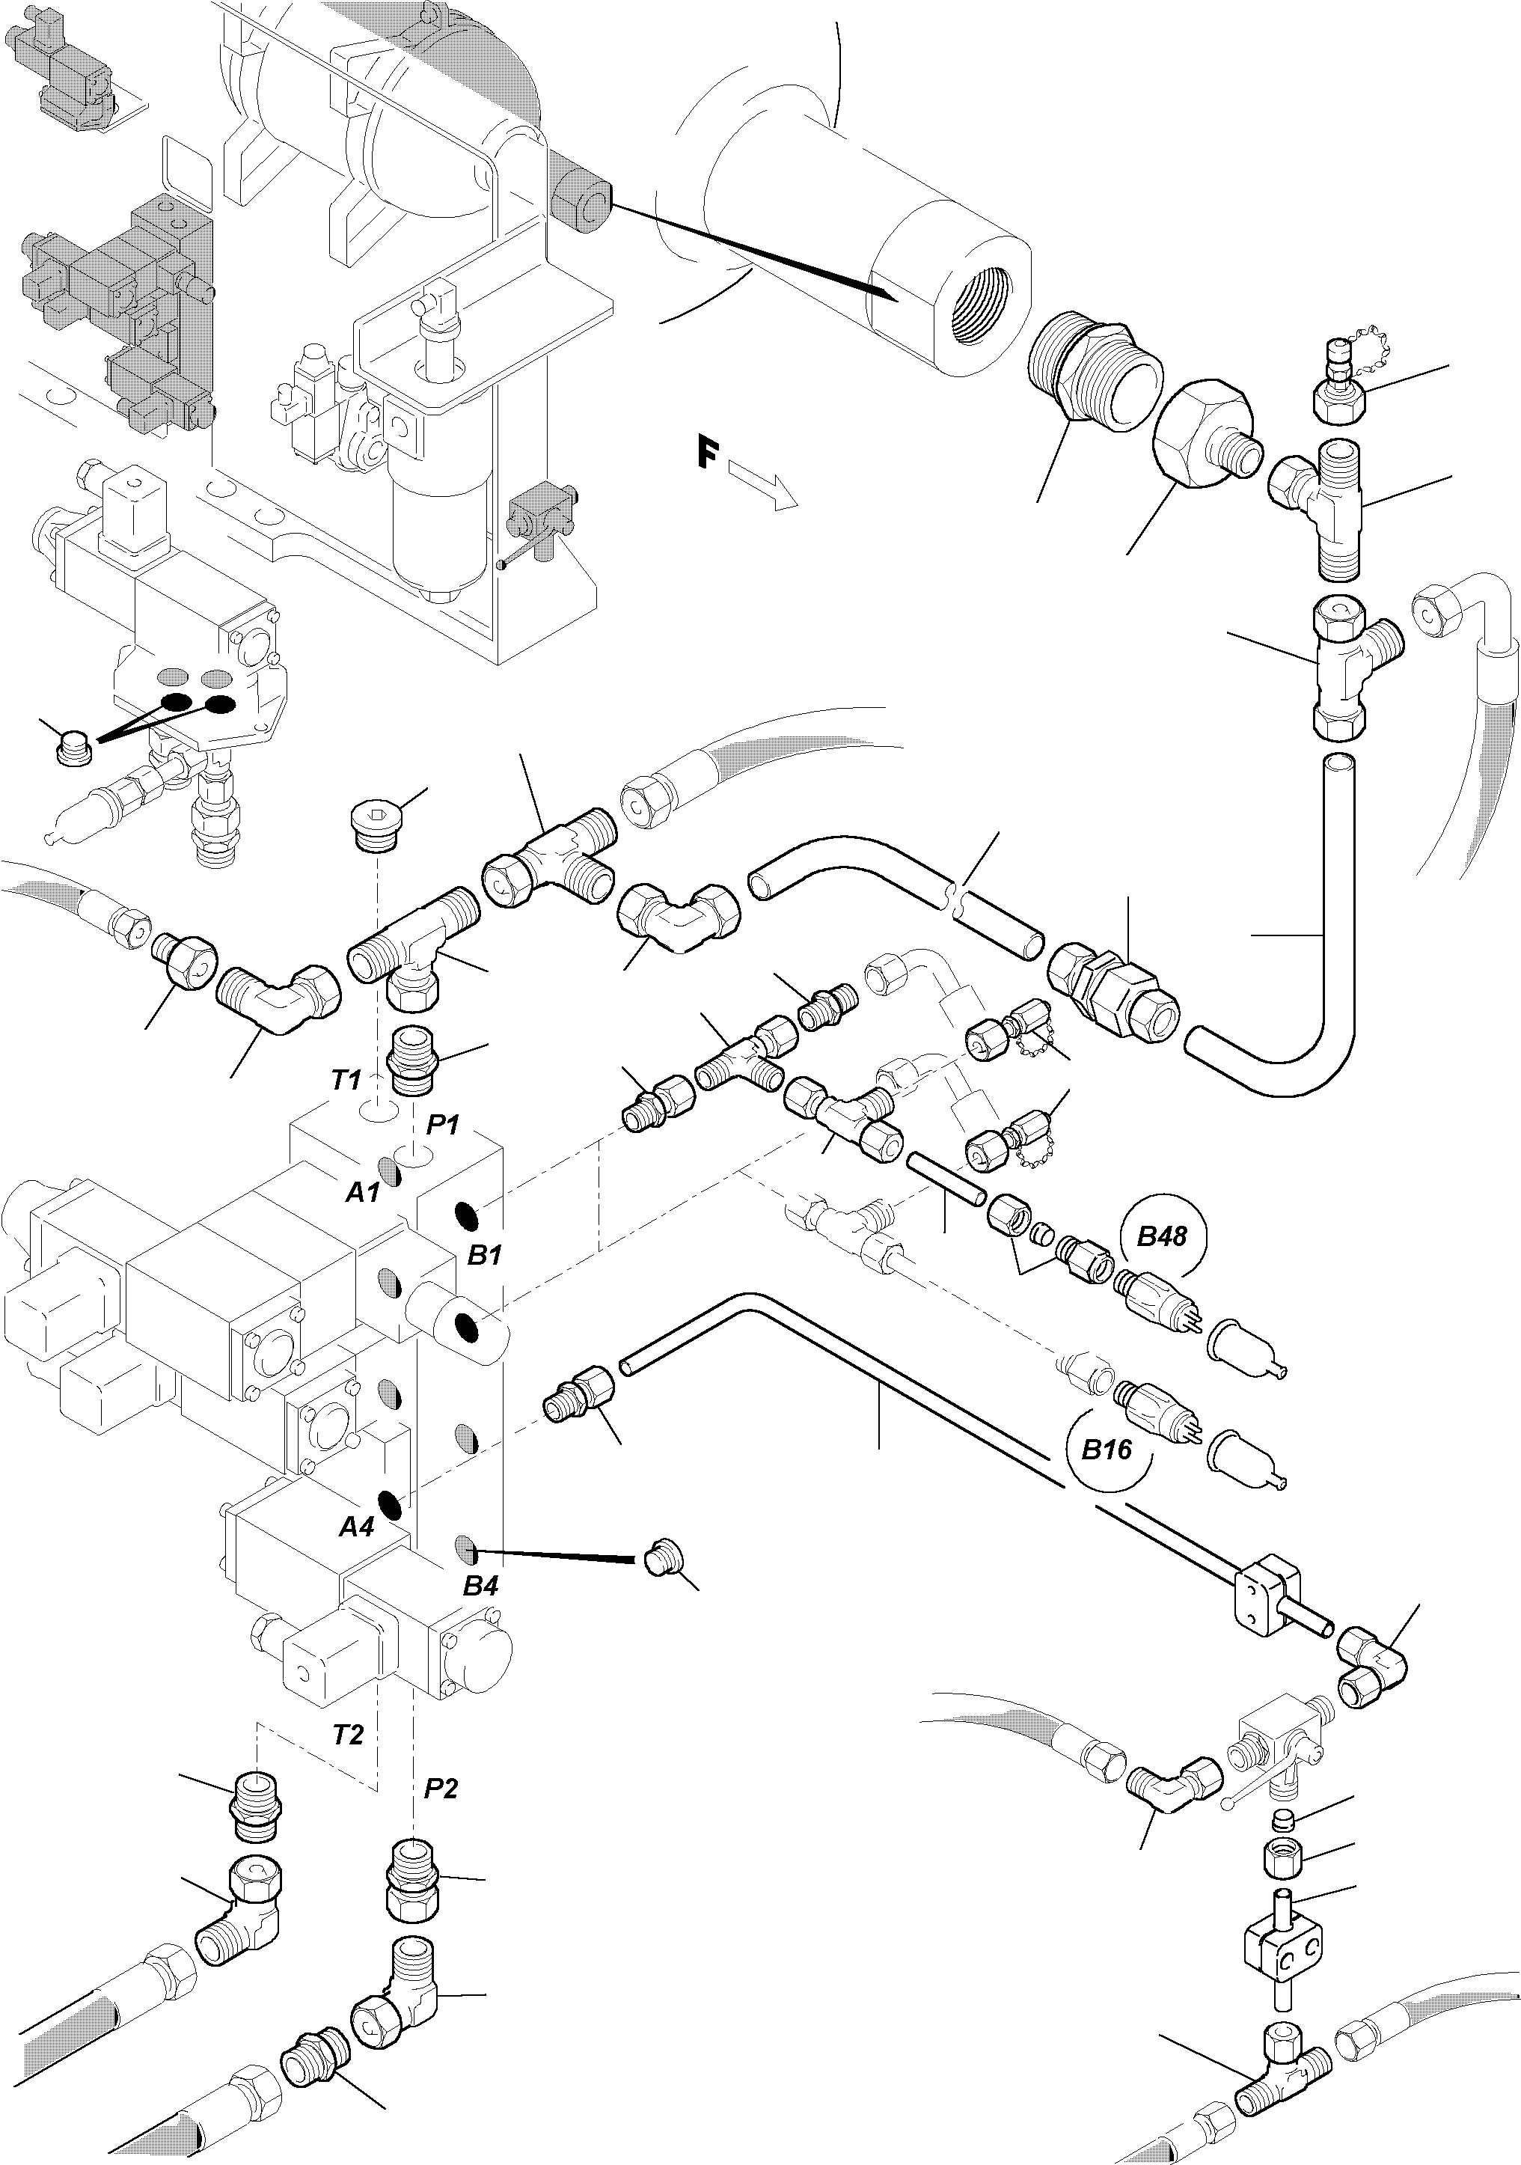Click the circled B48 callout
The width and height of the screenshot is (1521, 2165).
click(x=1161, y=1236)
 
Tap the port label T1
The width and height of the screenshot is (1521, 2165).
click(x=346, y=1081)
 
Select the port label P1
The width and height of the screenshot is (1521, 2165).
click(x=441, y=1125)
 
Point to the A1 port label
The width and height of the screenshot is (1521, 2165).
click(x=363, y=1193)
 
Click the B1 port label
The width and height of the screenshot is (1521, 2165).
click(x=485, y=1255)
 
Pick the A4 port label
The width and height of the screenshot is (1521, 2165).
click(x=356, y=1526)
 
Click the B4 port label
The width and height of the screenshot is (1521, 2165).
click(x=480, y=1586)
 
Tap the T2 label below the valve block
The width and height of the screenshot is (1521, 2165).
click(x=348, y=1734)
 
